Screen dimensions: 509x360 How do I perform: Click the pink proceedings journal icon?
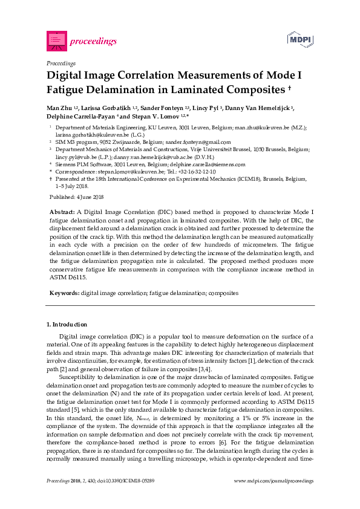click(x=56, y=41)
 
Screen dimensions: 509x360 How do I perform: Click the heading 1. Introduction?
click(x=67, y=325)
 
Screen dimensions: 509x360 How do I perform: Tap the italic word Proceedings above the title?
click(x=61, y=63)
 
